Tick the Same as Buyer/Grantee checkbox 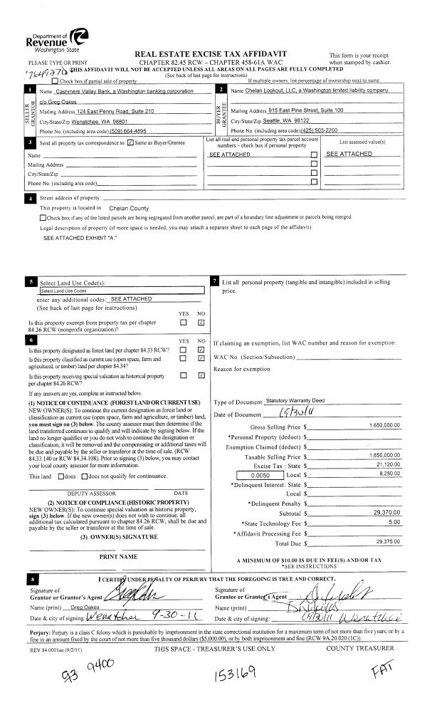129,143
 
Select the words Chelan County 129,208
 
